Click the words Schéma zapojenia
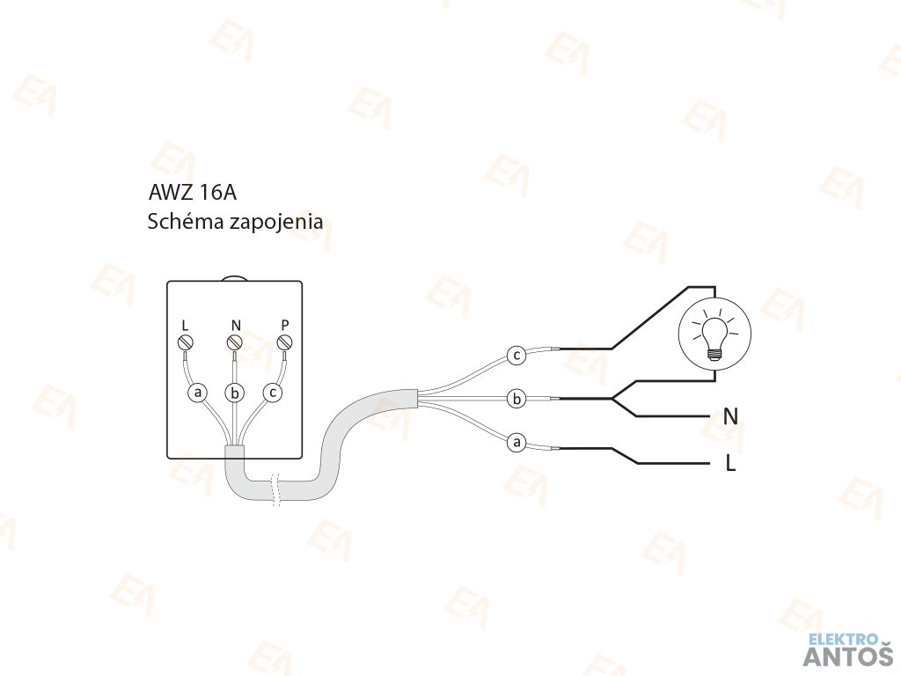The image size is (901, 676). click(x=235, y=222)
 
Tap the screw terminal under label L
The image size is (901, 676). click(x=186, y=342)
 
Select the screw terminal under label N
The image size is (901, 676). click(x=234, y=342)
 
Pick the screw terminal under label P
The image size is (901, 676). click(x=283, y=342)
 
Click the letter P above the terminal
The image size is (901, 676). click(x=283, y=324)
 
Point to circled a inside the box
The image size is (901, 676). click(x=198, y=393)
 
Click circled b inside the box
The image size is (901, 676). click(x=234, y=393)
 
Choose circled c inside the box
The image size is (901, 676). click(x=273, y=393)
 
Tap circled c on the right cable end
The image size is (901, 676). click(x=517, y=356)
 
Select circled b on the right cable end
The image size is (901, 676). click(x=517, y=400)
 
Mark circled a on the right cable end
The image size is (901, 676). click(x=516, y=443)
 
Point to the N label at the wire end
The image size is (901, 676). click(x=730, y=416)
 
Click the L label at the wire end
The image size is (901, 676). click(x=730, y=463)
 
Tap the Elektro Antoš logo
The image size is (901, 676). click(x=849, y=650)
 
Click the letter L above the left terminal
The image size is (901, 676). click(x=185, y=325)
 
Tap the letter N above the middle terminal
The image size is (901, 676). click(x=235, y=325)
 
